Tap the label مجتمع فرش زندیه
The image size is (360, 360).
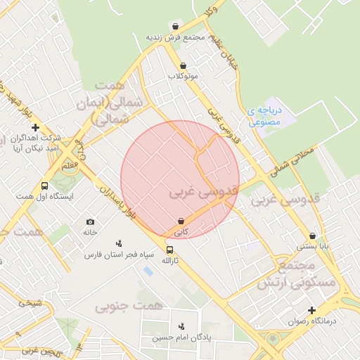pyautogui.click(x=175, y=37)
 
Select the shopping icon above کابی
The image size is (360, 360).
pyautogui.click(x=181, y=221)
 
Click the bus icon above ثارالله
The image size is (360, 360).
pyautogui.click(x=169, y=250)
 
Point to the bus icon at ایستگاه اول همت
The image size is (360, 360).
pyautogui.click(x=45, y=186)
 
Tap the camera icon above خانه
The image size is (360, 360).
pyautogui.click(x=90, y=222)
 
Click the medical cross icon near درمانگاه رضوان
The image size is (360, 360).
pyautogui.click(x=311, y=310)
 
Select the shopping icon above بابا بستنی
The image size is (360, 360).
pyautogui.click(x=312, y=236)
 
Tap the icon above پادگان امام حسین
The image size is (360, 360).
pyautogui.click(x=183, y=326)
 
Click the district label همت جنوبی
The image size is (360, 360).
pyautogui.click(x=129, y=306)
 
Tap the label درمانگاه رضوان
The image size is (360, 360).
pyautogui.click(x=312, y=321)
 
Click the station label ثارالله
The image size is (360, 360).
pyautogui.click(x=170, y=260)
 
